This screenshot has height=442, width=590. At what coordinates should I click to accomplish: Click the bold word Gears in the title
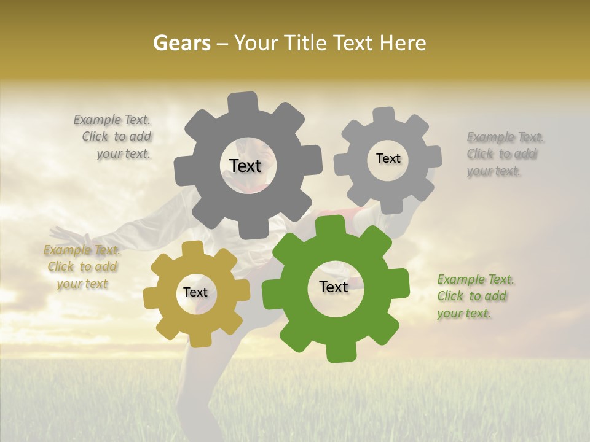pos(181,43)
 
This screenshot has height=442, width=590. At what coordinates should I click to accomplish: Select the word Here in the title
pos(403,43)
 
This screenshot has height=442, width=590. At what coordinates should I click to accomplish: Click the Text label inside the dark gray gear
pos(245,166)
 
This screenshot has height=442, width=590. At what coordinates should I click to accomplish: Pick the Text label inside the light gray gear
pos(388,158)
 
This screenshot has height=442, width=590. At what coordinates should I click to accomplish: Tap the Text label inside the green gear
pos(333,287)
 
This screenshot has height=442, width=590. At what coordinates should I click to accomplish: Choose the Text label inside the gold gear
pos(195,292)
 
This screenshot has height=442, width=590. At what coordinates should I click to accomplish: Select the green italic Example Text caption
pos(474,296)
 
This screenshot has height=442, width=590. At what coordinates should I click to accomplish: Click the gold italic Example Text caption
pos(82,266)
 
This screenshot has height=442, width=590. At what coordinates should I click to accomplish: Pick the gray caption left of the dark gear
pos(114,136)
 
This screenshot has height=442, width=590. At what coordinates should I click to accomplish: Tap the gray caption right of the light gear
pos(504,153)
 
